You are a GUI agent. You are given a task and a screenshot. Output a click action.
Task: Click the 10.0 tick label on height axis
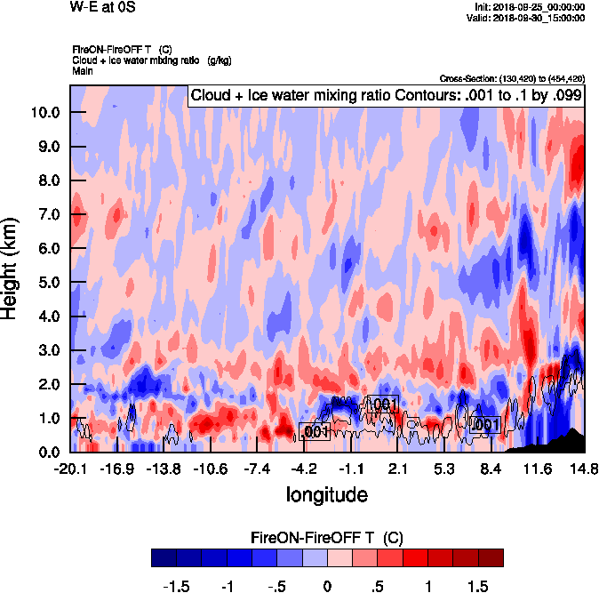coord(45,113)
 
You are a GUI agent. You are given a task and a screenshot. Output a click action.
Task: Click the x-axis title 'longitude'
coord(326,493)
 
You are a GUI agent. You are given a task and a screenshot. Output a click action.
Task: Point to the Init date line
coord(530,7)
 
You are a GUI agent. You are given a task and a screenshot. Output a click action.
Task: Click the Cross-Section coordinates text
coord(511,78)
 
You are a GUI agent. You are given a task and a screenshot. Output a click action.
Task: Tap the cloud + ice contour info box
coord(386,96)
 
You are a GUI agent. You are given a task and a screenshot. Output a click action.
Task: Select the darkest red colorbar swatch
coord(490,557)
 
